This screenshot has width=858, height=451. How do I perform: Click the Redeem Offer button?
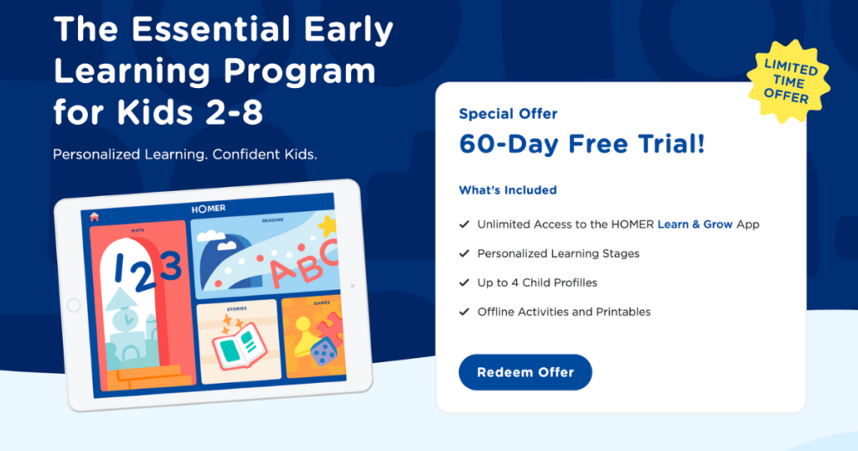coord(525,372)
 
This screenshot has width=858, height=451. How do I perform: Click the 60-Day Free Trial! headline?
coord(581,144)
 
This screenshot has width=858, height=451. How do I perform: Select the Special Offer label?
coord(508,114)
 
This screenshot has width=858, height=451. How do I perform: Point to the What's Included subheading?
coord(508,190)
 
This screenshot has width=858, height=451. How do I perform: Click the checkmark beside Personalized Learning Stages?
coord(464,253)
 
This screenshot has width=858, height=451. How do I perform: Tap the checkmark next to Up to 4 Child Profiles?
coord(464,283)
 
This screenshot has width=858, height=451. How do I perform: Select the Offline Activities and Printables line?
coord(564,312)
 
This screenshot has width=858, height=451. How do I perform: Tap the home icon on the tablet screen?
coord(95,216)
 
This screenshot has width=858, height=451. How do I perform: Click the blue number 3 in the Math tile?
coord(170,267)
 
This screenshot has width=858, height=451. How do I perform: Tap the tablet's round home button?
coord(74,306)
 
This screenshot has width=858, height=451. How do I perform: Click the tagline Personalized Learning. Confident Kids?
coord(184,155)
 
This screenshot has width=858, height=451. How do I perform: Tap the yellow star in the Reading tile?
coord(328,225)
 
